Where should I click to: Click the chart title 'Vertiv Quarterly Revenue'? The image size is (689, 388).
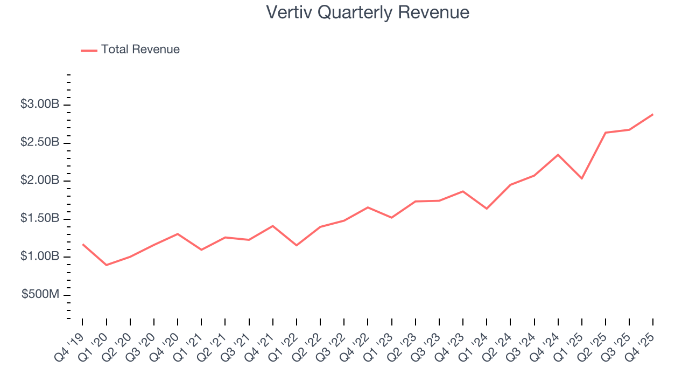(368, 12)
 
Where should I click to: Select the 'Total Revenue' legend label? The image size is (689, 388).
(140, 50)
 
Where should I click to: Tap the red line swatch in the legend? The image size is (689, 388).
(89, 50)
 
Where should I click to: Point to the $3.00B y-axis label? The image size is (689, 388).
(40, 105)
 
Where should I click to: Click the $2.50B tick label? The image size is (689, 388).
(40, 143)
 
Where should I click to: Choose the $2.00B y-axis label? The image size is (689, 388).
(40, 181)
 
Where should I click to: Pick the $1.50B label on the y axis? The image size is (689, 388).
(40, 219)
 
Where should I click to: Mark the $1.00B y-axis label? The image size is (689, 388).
(40, 257)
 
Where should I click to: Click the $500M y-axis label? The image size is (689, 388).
(41, 295)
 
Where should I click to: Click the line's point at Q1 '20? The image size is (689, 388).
(107, 265)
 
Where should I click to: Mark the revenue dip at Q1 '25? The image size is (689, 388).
(582, 178)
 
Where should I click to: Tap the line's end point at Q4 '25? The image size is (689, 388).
(653, 114)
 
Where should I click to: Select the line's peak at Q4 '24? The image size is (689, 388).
(558, 155)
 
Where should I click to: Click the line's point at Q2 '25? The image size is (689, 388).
(606, 133)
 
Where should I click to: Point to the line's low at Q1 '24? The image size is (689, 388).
(487, 209)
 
